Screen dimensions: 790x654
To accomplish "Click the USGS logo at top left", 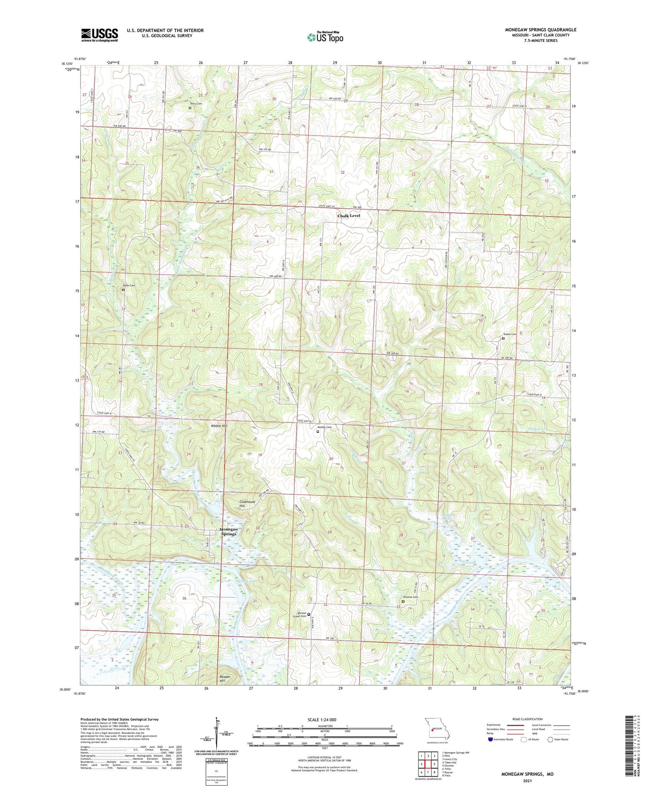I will (x=99, y=35).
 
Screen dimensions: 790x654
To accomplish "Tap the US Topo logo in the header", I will (x=325, y=37).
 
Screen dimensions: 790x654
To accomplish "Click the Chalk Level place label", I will (x=349, y=216).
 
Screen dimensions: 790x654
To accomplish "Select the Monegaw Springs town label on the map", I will (x=228, y=532).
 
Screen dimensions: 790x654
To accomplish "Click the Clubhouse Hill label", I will (x=247, y=504).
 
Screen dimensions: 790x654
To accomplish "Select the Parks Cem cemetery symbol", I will (x=123, y=289).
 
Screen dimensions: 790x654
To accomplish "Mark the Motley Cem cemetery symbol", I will (x=318, y=432).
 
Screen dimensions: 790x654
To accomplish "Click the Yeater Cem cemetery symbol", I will (x=503, y=338).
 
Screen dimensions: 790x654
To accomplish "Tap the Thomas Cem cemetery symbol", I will (x=403, y=602).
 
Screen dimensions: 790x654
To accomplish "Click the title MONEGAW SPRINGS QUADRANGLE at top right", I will (x=540, y=30).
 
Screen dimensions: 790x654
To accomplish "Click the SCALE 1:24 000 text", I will (x=324, y=719).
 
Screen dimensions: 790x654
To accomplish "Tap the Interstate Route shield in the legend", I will (x=490, y=739).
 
